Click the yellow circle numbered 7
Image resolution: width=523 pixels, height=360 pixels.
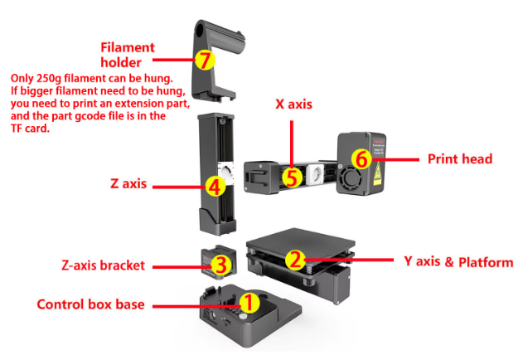coord(204,59)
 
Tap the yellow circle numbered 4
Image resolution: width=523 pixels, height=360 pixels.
coord(214,186)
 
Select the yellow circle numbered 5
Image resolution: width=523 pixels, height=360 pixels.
coord(290,177)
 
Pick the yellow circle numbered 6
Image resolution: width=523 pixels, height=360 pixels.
coord(360,158)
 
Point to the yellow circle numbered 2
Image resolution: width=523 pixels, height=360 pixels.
coord(294,259)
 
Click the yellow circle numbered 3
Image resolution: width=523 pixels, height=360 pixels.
coord(220,265)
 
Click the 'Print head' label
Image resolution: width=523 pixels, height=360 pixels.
coord(459,158)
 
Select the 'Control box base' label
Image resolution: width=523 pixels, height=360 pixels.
coord(90,304)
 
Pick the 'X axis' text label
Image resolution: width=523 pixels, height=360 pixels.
coord(293,106)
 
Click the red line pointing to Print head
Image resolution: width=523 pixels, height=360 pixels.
coord(403,158)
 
